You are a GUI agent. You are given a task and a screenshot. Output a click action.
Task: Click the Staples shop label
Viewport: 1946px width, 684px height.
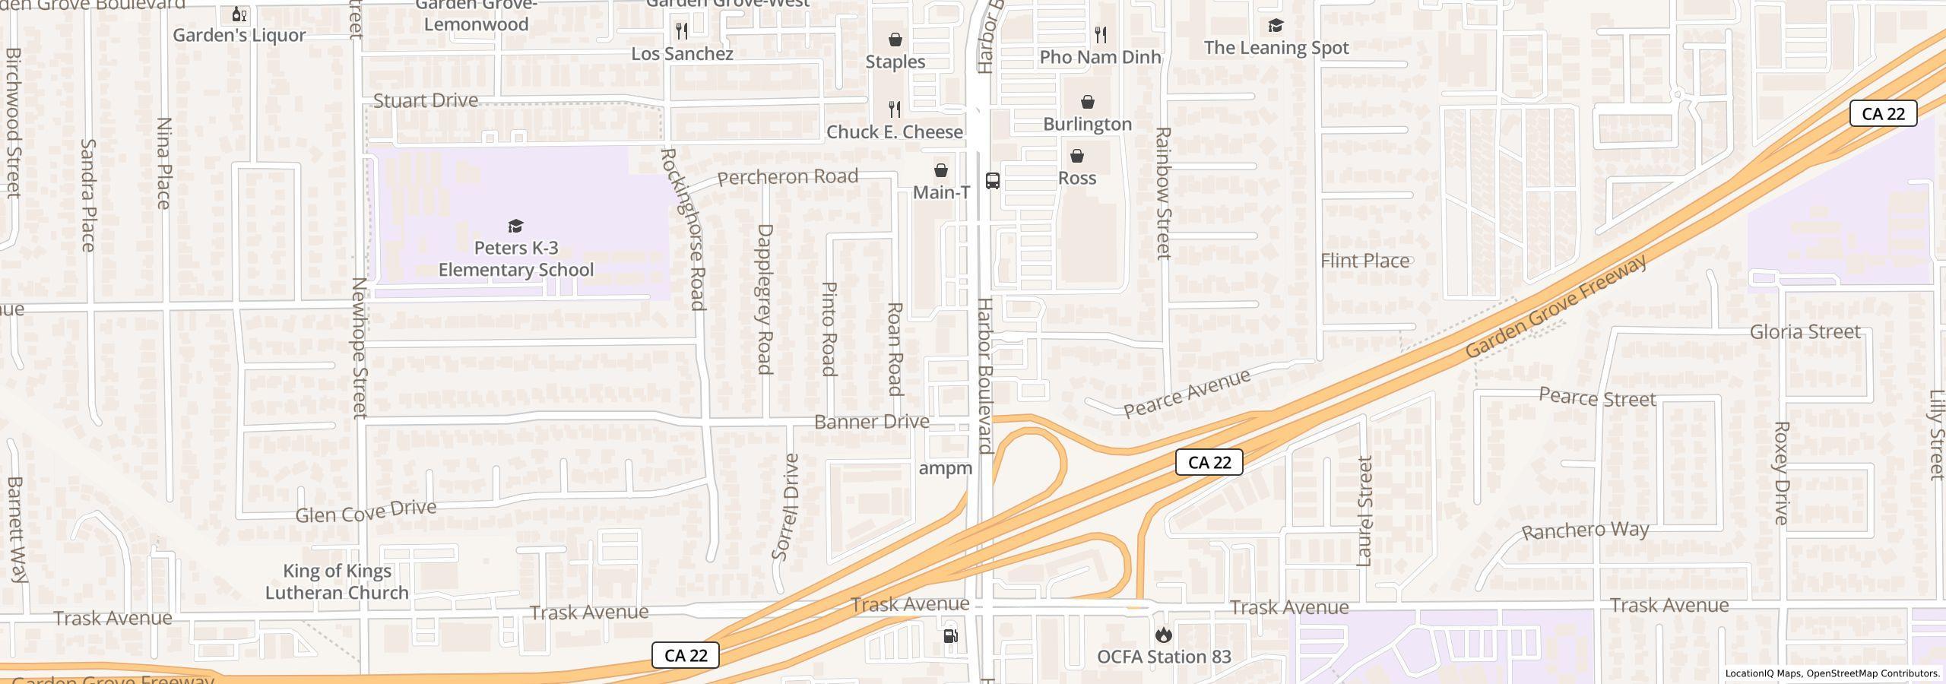point(895,62)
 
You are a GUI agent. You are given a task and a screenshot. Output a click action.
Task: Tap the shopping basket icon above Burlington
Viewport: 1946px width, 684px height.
point(1088,102)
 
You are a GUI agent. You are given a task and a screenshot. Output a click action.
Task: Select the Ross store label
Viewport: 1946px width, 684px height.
point(1077,178)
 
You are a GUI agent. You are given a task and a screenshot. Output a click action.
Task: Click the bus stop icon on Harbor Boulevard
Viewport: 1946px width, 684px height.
point(992,180)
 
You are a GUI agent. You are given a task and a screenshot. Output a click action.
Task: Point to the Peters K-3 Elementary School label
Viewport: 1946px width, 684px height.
point(516,259)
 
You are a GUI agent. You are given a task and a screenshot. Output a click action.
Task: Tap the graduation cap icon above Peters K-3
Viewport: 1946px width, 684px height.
point(516,226)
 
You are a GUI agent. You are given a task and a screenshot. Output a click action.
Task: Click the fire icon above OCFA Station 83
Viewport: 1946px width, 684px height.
point(1163,635)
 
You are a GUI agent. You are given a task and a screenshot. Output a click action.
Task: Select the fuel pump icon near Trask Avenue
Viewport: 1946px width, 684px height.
point(950,636)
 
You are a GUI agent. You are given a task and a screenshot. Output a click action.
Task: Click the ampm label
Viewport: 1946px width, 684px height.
point(946,468)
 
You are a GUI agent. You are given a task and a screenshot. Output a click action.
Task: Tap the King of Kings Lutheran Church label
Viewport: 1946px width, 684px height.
point(337,581)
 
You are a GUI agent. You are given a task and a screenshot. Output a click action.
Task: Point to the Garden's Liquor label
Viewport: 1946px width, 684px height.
point(239,35)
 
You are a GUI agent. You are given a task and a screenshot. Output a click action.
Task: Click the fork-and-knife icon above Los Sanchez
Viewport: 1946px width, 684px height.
point(682,30)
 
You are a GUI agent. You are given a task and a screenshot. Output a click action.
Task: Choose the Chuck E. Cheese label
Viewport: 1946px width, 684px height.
point(895,132)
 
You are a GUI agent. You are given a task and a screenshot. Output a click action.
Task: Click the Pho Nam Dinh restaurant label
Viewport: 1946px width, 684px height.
point(1100,57)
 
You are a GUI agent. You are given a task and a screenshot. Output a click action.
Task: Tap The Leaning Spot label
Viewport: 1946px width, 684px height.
point(1276,48)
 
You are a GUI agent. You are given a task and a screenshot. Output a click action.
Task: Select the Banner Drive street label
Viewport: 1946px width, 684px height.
point(871,421)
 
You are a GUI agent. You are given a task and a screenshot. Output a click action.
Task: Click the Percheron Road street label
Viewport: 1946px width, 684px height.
point(788,177)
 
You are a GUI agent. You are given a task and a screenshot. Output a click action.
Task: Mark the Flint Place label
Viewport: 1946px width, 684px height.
point(1364,261)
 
